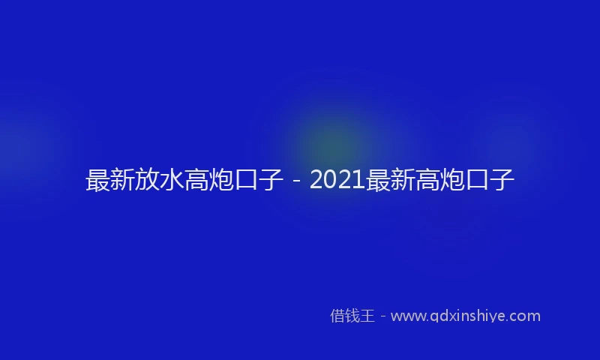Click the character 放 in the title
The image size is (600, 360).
[147, 181]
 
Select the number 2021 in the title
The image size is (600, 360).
[337, 181]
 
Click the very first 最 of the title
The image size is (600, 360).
[98, 181]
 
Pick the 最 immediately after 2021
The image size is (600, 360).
[377, 181]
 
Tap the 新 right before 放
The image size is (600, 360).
[122, 181]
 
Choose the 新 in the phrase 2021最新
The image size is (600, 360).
[402, 181]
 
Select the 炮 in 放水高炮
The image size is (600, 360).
[222, 181]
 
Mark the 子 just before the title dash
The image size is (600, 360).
[271, 181]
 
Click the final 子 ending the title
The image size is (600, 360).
[502, 181]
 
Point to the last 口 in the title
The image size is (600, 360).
[477, 181]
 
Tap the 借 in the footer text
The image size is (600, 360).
[337, 316]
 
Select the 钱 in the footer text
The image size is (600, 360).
[352, 316]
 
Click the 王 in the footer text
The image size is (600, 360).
[367, 316]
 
